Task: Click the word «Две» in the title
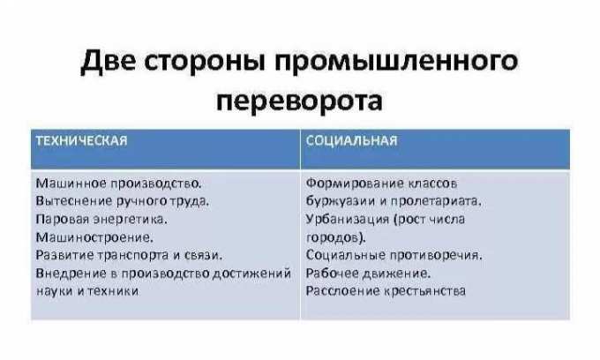click(108, 62)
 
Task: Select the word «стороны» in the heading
click(205, 62)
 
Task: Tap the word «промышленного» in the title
click(396, 62)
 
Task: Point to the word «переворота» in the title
click(299, 101)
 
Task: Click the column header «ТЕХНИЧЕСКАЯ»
click(81, 141)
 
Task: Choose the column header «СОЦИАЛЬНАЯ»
click(352, 141)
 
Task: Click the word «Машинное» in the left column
click(71, 184)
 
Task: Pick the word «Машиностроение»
click(94, 237)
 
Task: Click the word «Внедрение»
click(71, 274)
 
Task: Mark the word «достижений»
click(251, 274)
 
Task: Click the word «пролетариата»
click(436, 201)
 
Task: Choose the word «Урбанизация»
click(348, 219)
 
